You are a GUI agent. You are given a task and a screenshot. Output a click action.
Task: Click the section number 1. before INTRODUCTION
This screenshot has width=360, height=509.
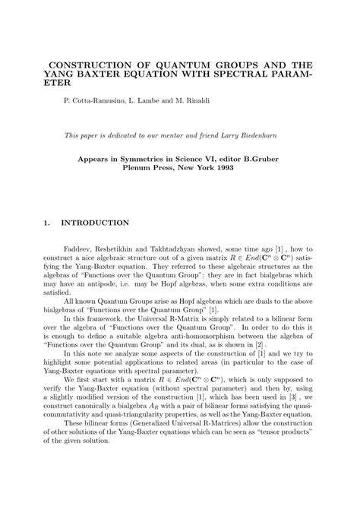click(47, 223)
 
